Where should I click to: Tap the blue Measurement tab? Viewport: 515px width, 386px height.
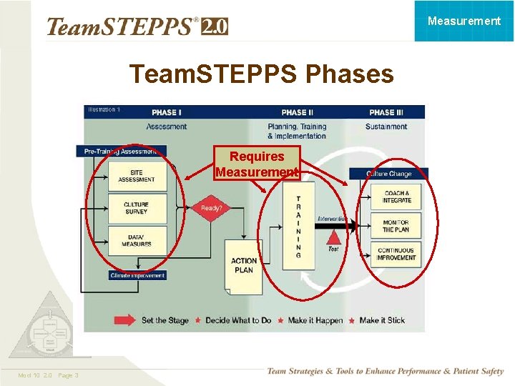pos(464,21)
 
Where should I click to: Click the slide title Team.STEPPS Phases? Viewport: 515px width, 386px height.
pos(261,74)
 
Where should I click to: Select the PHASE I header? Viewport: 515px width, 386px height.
pos(166,112)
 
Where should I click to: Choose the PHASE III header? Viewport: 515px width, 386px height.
pos(386,112)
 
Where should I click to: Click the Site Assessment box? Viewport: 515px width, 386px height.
pos(137,176)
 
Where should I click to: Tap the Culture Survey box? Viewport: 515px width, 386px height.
pos(137,208)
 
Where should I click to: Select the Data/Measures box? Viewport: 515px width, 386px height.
pos(137,241)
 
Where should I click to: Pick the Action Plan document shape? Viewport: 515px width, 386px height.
pos(244,266)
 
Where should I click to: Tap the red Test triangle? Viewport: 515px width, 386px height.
pos(333,238)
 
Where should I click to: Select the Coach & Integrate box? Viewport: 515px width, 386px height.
pos(396,197)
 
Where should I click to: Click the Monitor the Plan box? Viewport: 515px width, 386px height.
pos(396,226)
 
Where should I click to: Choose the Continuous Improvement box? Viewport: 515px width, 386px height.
pos(396,254)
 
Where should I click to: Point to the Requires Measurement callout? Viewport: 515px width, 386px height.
pos(257,164)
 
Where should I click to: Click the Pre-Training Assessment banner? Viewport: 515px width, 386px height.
pos(120,152)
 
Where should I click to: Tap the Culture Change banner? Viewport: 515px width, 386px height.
pos(389,174)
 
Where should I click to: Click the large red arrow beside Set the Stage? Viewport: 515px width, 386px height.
pos(124,320)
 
